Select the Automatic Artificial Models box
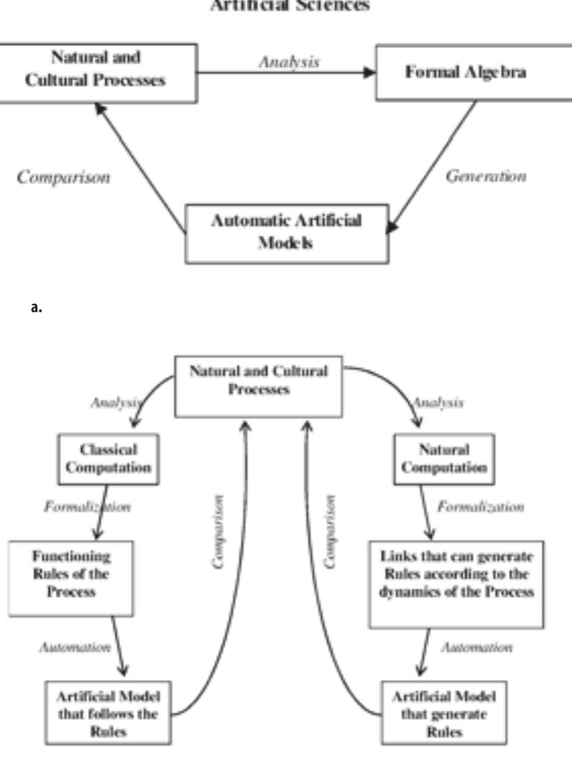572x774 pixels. tap(287, 232)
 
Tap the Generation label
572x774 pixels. tap(485, 176)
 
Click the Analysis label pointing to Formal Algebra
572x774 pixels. tap(289, 62)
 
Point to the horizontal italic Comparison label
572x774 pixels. tap(64, 177)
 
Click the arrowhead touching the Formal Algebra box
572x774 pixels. tap(369, 72)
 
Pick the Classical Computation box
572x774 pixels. tap(108, 458)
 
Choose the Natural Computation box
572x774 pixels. tap(444, 458)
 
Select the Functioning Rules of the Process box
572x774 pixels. tap(70, 574)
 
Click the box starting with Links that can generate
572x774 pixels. tap(456, 582)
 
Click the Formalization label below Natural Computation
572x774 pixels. tap(480, 507)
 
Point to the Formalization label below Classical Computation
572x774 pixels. tap(87, 507)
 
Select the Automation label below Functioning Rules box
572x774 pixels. tap(74, 647)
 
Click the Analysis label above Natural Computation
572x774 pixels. tap(438, 403)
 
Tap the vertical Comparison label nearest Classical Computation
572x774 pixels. tap(219, 532)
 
